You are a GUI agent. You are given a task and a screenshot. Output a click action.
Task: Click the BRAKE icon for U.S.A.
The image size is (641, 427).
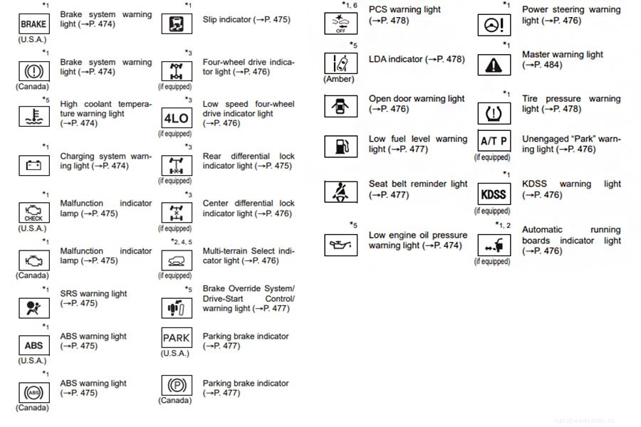point(33,23)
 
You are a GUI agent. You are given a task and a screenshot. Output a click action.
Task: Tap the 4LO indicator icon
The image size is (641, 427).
point(175,118)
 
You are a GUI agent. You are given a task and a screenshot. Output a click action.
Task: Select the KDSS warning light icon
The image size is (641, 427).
point(493,194)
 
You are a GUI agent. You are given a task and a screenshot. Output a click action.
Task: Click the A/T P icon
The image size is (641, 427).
point(493,141)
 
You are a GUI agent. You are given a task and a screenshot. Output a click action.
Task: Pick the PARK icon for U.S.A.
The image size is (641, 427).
point(175,337)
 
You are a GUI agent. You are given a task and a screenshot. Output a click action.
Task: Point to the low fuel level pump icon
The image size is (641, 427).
point(340,147)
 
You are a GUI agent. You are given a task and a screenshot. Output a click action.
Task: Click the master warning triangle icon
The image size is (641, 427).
point(493,65)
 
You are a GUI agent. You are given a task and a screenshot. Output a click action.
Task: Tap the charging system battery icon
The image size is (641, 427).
point(33,166)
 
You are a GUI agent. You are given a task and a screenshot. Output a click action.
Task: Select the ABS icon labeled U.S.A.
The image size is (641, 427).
point(33,345)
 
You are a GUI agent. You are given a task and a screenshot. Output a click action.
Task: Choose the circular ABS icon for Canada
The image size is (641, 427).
point(33,392)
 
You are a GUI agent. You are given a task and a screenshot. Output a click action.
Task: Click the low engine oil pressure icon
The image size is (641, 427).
point(340,246)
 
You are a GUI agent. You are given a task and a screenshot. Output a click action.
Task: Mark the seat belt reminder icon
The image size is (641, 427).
point(340,193)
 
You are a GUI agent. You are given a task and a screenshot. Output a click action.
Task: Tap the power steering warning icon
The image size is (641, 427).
point(493,24)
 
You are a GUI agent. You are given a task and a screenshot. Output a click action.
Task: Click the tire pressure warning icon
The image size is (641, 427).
point(493,112)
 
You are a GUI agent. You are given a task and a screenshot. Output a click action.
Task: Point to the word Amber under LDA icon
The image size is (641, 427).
point(340,79)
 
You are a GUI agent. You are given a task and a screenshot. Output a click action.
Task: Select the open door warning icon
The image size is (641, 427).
point(340,107)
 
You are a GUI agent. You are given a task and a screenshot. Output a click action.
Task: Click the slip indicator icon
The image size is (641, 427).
point(175,23)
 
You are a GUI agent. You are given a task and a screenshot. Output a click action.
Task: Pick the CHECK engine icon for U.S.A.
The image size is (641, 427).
point(33,213)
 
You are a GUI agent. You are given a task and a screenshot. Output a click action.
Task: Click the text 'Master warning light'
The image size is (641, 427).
point(562,54)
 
